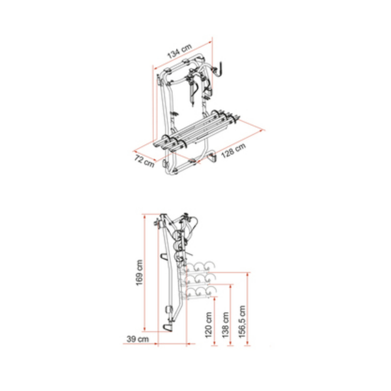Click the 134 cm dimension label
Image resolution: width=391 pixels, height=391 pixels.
tap(179, 51)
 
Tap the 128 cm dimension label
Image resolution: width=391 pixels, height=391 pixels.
tap(234, 150)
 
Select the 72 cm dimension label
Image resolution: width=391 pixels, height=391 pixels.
tap(144, 161)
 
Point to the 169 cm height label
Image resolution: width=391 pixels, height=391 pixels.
tap(139, 273)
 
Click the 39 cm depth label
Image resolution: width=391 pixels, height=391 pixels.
tap(138, 339)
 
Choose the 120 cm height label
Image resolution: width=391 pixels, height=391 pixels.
tap(209, 325)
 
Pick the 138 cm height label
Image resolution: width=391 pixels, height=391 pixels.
tap(225, 325)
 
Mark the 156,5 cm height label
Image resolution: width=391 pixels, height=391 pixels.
tap(242, 322)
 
